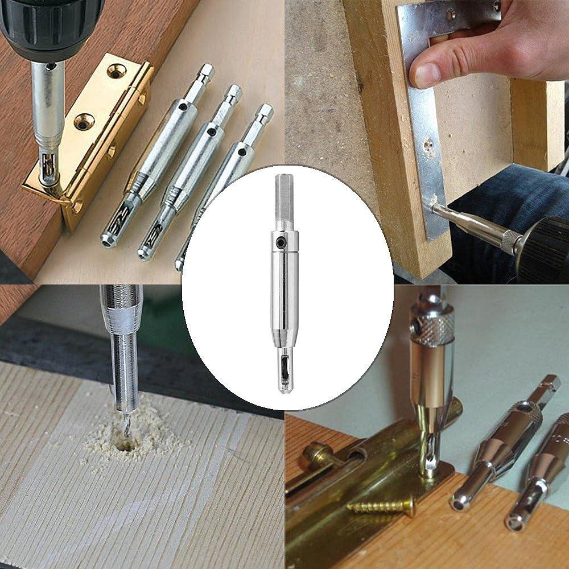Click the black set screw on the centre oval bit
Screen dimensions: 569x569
(x=281, y=242)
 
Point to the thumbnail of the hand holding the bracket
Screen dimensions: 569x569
(x=425, y=74)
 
